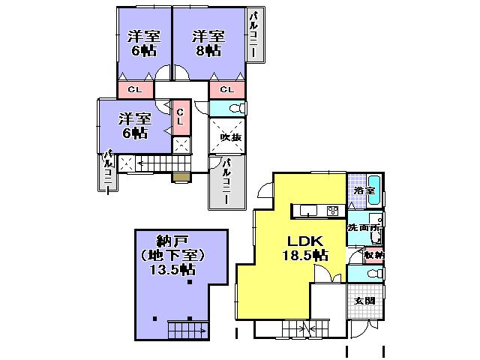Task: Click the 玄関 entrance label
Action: tap(364, 301)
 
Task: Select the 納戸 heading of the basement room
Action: tap(171, 241)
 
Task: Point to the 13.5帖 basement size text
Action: tap(172, 271)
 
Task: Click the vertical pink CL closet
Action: tap(180, 118)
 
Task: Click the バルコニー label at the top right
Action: tap(254, 36)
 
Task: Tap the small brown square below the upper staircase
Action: tap(181, 177)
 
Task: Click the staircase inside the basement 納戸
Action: tap(186, 328)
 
